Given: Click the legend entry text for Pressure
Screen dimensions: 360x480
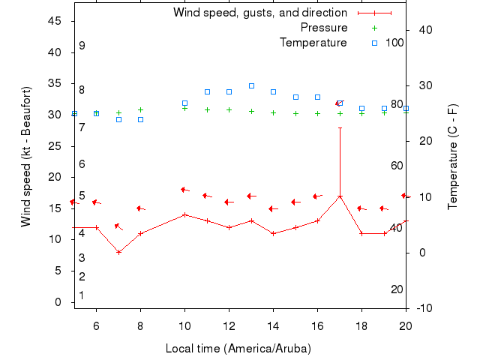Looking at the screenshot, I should (x=324, y=28).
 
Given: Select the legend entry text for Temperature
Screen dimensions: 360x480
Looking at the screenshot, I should (x=313, y=43).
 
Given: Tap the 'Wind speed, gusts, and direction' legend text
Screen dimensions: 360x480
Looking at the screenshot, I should (x=260, y=13).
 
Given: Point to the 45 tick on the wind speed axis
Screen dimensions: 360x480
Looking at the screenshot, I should (x=55, y=21).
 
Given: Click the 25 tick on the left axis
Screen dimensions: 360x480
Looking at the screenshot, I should (x=55, y=145).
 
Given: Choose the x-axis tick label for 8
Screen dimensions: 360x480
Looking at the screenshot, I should (x=140, y=324).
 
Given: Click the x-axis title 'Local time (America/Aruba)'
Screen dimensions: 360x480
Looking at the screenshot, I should (x=238, y=349).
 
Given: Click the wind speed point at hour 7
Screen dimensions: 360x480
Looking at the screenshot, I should (x=118, y=252).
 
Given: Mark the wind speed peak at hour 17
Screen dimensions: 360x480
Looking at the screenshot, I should (x=340, y=196).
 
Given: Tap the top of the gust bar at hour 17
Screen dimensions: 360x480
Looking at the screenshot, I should (x=340, y=127).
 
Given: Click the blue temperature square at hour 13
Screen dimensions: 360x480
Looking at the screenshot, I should (x=251, y=85).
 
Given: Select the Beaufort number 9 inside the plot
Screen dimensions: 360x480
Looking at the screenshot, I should (x=82, y=46).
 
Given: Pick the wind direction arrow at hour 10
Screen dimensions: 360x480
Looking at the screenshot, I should (x=185, y=190).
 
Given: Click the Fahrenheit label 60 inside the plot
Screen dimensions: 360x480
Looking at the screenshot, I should (x=397, y=166).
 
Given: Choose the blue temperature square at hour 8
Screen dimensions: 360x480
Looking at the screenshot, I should (x=140, y=119).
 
